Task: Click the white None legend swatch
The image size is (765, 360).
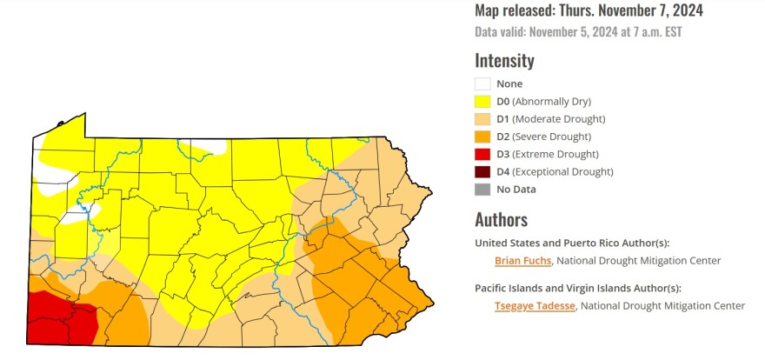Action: pyautogui.click(x=482, y=83)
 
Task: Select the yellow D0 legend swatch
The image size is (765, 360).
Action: pyautogui.click(x=482, y=101)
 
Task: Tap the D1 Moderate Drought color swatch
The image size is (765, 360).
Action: pyautogui.click(x=482, y=119)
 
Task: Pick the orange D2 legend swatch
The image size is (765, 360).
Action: pyautogui.click(x=482, y=137)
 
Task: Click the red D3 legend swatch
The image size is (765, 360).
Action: pyautogui.click(x=482, y=154)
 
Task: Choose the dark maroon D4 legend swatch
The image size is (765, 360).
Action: pyautogui.click(x=482, y=171)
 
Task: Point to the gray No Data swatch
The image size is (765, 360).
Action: pyautogui.click(x=482, y=189)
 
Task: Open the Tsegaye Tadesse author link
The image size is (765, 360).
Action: pyautogui.click(x=535, y=305)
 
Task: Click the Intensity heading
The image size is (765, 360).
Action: pyautogui.click(x=504, y=61)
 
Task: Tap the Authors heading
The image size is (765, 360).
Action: pyautogui.click(x=501, y=219)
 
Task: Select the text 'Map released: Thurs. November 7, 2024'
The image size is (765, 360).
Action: pyautogui.click(x=589, y=11)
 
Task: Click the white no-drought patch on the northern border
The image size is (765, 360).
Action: pyautogui.click(x=206, y=144)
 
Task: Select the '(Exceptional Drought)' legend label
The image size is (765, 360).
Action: pyautogui.click(x=563, y=171)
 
